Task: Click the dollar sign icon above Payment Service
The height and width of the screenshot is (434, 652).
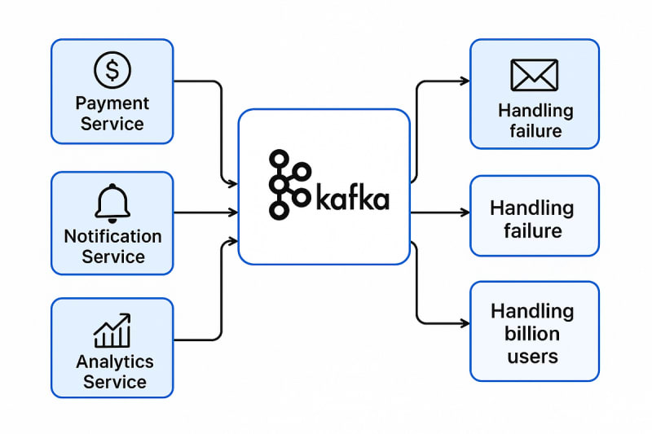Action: pos(112,70)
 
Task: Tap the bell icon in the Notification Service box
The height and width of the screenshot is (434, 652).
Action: pos(112,203)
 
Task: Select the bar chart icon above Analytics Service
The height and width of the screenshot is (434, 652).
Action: pos(112,331)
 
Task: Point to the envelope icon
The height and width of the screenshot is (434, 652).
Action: pos(534,75)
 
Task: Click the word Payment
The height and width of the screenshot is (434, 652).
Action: pos(112,103)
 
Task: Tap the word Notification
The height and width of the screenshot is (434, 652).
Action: pos(112,236)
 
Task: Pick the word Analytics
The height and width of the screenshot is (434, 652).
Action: pos(114,362)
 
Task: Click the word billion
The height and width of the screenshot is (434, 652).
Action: pos(531,334)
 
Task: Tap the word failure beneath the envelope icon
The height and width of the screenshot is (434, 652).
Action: pos(535,131)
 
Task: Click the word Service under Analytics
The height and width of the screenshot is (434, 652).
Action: pos(114,382)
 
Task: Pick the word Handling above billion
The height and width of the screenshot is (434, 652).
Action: pos(531,311)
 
